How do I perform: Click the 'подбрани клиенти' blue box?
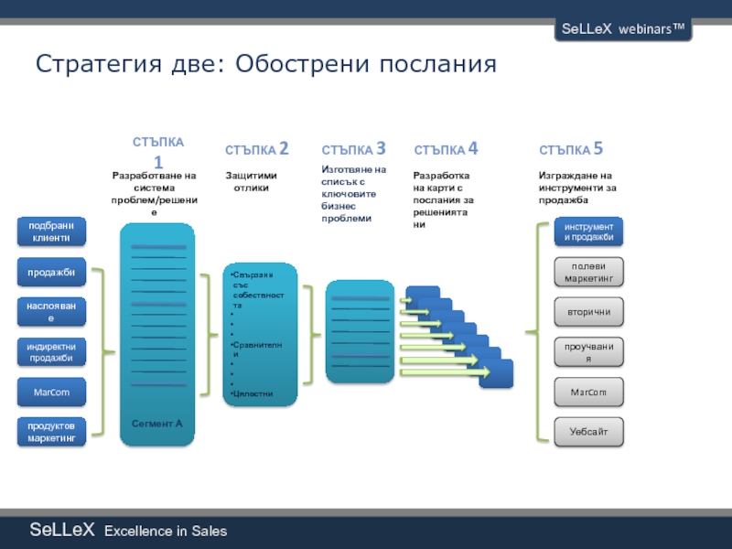pyautogui.click(x=50, y=231)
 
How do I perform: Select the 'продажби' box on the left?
pyautogui.click(x=50, y=272)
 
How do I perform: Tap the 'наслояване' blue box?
pyautogui.click(x=50, y=312)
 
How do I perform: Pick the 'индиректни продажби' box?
pyautogui.click(x=50, y=351)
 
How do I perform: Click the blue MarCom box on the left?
pyautogui.click(x=50, y=392)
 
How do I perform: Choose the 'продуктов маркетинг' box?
pyautogui.click(x=50, y=431)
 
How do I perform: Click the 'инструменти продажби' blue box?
pyautogui.click(x=588, y=231)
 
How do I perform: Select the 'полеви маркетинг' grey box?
pyautogui.click(x=588, y=272)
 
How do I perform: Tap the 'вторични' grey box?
pyautogui.click(x=588, y=312)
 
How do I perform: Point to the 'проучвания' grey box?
pyautogui.click(x=588, y=351)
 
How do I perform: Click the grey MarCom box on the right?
pyautogui.click(x=588, y=392)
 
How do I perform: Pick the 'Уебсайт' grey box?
pyautogui.click(x=588, y=431)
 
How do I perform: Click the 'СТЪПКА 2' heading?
pyautogui.click(x=257, y=149)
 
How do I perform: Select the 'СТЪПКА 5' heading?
pyautogui.click(x=571, y=149)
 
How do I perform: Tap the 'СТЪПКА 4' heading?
pyautogui.click(x=447, y=149)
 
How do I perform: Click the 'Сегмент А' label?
pyautogui.click(x=157, y=424)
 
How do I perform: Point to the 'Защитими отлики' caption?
pyautogui.click(x=251, y=181)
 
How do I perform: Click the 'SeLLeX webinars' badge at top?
pyautogui.click(x=621, y=29)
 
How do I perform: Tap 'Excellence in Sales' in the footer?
pyautogui.click(x=166, y=532)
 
